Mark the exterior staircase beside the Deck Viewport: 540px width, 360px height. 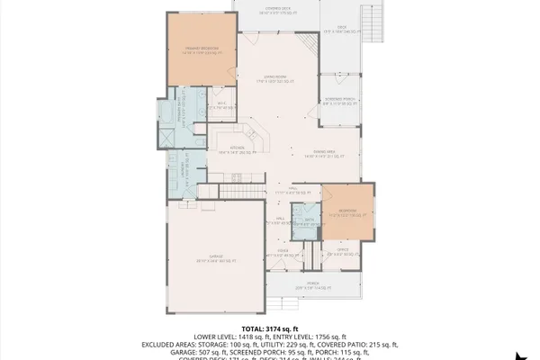click(x=367, y=20)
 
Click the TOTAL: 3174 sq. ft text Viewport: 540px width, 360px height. click(x=270, y=328)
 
